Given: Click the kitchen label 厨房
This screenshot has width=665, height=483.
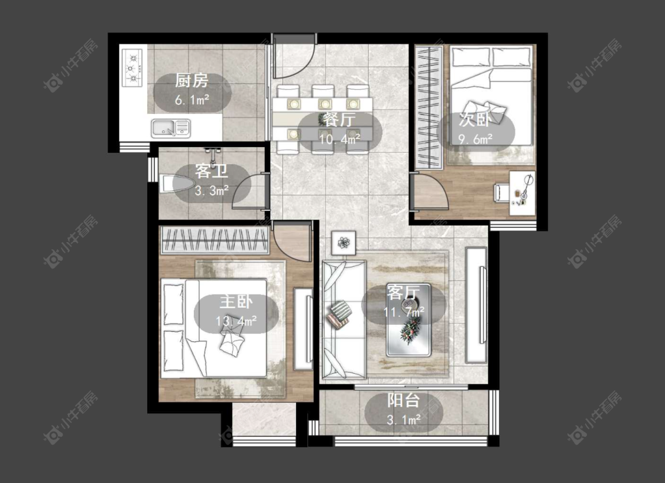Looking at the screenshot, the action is click(192, 80).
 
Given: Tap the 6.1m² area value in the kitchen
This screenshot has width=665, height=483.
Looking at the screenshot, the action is click(192, 100).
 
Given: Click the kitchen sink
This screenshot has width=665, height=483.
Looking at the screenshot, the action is click(171, 128).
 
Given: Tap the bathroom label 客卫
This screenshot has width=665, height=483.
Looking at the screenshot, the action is click(212, 171).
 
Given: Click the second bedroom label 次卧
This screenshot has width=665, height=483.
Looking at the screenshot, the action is click(475, 120).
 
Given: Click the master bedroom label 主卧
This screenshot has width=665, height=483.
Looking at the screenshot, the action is click(236, 302).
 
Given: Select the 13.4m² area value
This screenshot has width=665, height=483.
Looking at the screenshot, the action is click(236, 321).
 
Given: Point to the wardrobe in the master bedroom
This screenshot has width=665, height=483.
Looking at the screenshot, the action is click(215, 240).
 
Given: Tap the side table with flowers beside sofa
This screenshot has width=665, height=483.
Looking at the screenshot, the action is click(343, 243).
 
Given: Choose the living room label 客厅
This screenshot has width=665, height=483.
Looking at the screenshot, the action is click(403, 292).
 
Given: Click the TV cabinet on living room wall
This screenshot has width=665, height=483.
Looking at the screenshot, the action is click(476, 305).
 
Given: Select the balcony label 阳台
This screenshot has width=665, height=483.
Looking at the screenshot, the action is click(403, 400).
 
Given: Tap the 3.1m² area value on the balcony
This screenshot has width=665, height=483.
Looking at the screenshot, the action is click(404, 419).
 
